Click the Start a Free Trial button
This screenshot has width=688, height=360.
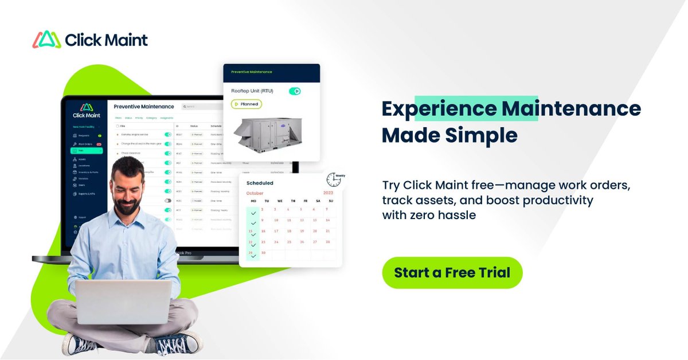[x=452, y=272]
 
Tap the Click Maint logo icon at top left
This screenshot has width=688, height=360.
[x=47, y=40]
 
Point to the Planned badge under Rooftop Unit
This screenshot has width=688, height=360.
[x=247, y=104]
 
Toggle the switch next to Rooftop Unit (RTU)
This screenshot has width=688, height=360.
[x=295, y=91]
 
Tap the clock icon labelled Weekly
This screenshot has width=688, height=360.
[x=334, y=180]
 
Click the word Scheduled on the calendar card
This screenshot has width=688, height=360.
[x=260, y=183]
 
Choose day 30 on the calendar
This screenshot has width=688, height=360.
[x=264, y=252]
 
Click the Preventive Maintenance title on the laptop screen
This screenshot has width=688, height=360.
[x=143, y=107]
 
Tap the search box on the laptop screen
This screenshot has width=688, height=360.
[x=201, y=107]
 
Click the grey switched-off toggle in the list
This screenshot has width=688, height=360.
[x=168, y=201]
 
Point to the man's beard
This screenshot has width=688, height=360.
[x=127, y=205]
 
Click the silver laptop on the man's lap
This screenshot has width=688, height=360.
[x=123, y=301]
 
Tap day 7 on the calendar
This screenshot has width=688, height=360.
[x=327, y=210]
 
